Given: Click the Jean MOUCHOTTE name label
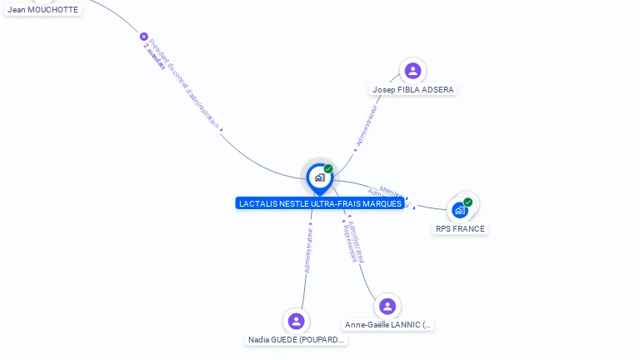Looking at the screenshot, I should click(x=42, y=10).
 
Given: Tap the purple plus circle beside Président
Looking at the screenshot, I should click(x=143, y=37).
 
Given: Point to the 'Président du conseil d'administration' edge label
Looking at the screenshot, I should click(x=184, y=83).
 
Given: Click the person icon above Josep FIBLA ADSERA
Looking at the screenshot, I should click(x=412, y=71).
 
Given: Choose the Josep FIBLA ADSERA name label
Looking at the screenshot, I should click(x=414, y=90).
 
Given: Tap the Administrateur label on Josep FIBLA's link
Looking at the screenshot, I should click(x=366, y=126).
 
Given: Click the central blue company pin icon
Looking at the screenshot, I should click(x=319, y=177).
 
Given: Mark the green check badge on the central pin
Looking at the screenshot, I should click(x=328, y=169).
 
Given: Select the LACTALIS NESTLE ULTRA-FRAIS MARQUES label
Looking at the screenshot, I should click(x=320, y=203).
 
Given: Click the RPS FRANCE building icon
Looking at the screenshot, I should click(x=459, y=210).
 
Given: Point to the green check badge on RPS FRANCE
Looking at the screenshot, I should click(x=467, y=202).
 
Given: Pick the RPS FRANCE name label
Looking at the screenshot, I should click(x=460, y=228).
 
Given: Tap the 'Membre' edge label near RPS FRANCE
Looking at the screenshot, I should click(x=392, y=191).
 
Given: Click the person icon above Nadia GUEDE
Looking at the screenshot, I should click(x=296, y=321).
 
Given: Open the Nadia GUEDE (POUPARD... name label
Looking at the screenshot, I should click(x=297, y=340).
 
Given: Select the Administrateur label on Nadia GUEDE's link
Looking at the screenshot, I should click(x=309, y=251).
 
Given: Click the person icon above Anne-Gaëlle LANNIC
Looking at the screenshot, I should click(x=387, y=306).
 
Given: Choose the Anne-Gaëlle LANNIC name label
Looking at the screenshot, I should click(x=388, y=325).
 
